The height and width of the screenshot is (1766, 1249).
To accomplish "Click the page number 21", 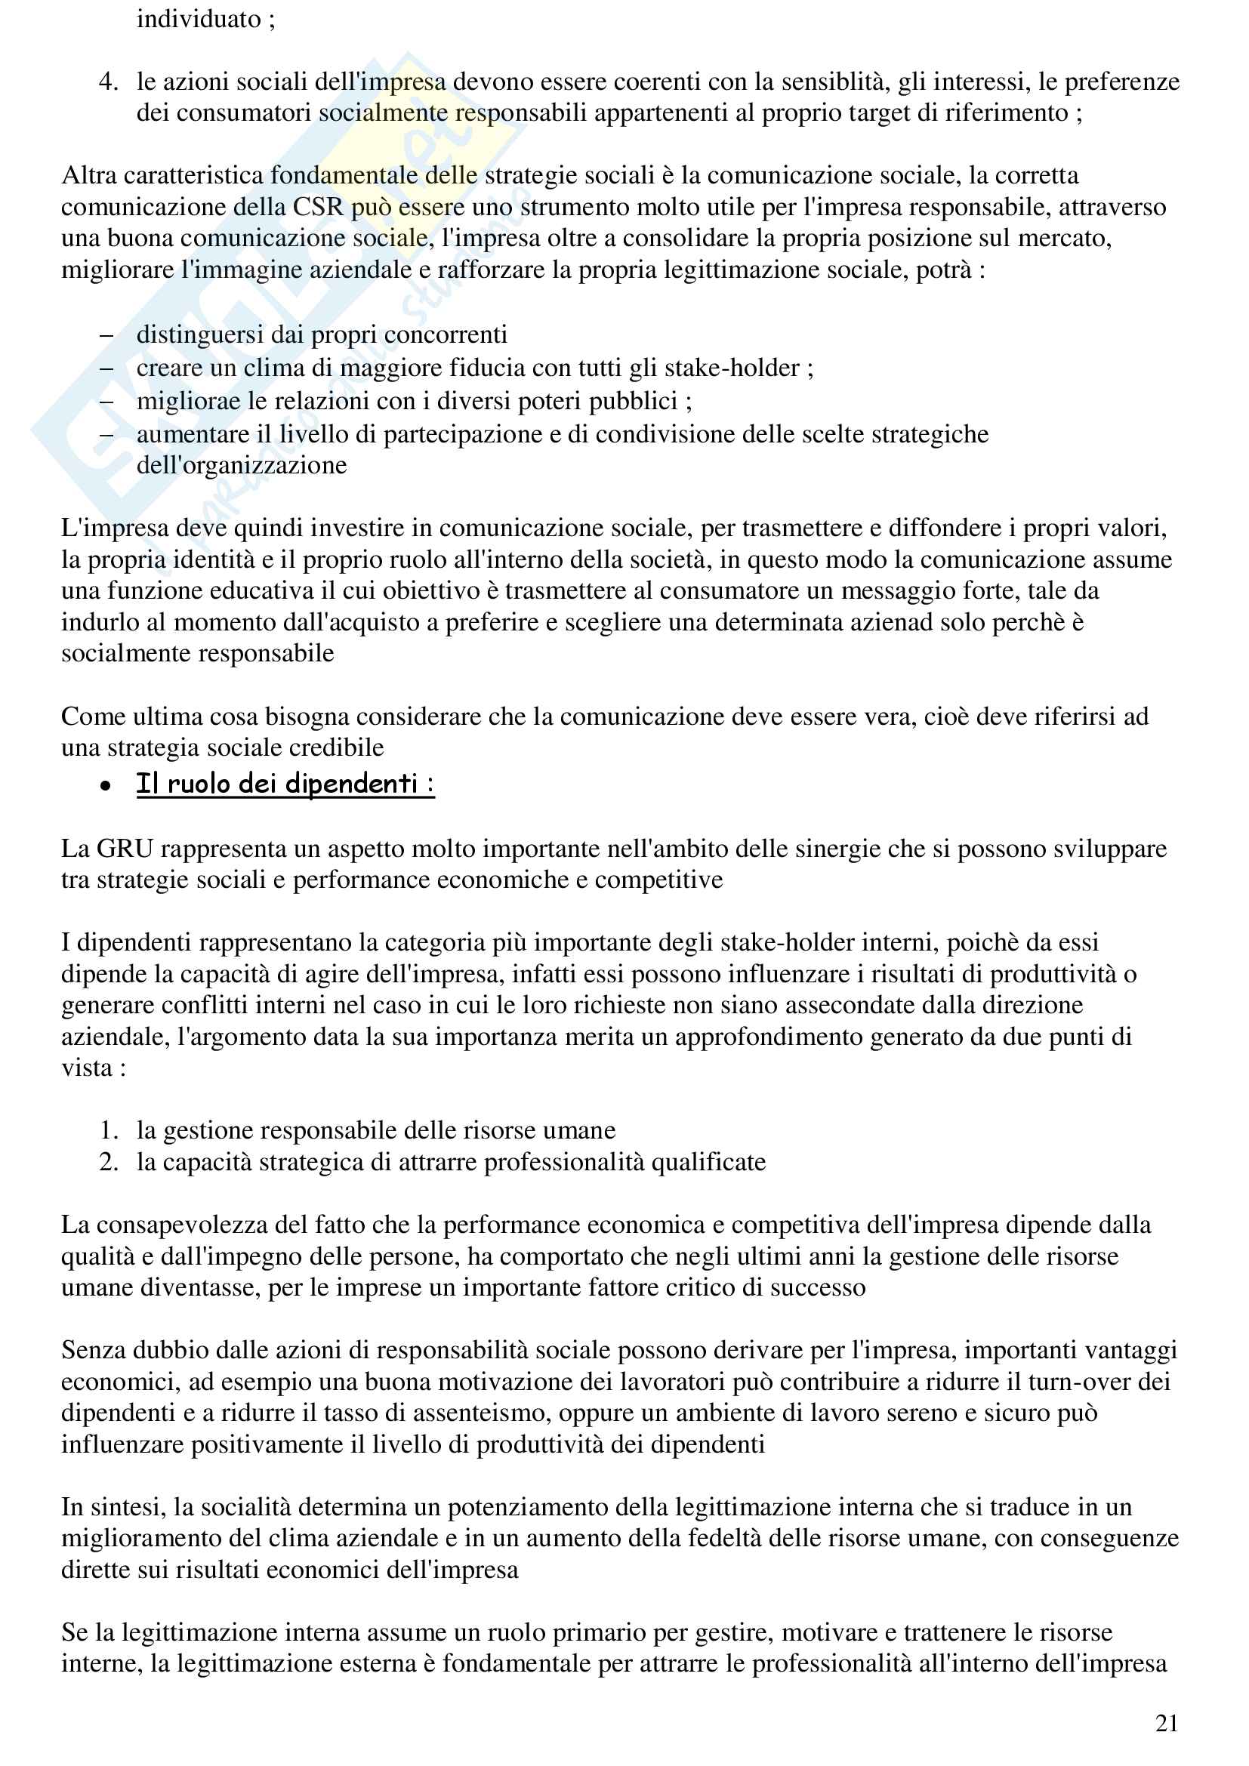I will [1166, 1724].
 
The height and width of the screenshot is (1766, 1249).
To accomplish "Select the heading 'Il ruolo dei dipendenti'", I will [285, 784].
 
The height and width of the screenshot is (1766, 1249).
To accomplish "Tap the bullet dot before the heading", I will [106, 786].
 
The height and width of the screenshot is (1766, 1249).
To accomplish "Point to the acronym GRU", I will [125, 849].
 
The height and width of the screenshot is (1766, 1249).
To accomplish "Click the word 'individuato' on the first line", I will [199, 19].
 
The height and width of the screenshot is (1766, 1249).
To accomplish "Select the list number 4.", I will [109, 82].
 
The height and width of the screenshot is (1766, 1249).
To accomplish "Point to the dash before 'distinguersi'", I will [107, 335].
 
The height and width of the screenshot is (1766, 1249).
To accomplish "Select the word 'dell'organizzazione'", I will [242, 465].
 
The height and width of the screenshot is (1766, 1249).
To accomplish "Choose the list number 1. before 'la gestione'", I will [109, 1130].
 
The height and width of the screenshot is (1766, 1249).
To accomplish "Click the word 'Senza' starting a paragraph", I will [94, 1351].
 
